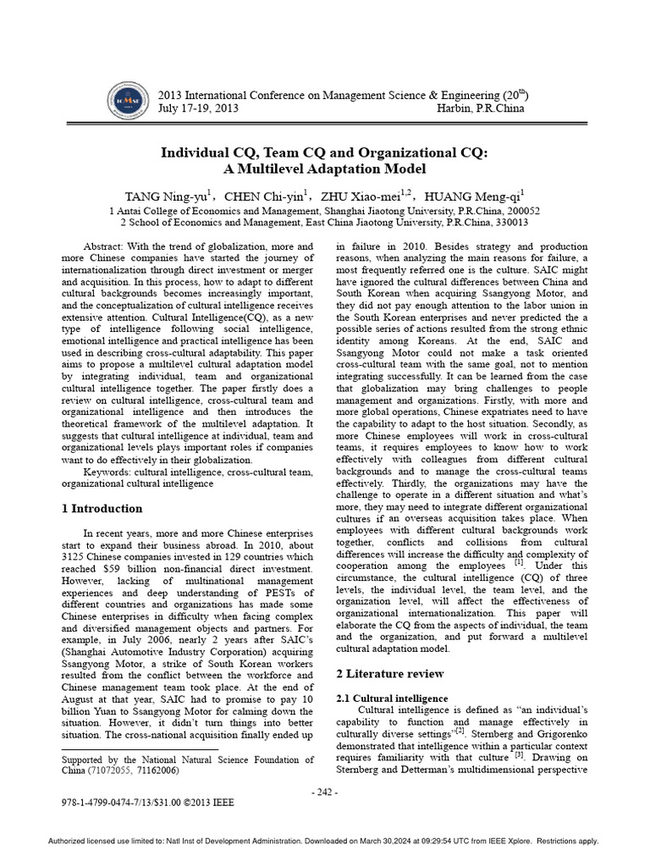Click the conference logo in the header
pyautogui.click(x=125, y=102)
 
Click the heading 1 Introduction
pyautogui.click(x=102, y=509)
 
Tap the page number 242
pyautogui.click(x=324, y=792)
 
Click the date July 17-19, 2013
pyautogui.click(x=198, y=108)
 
